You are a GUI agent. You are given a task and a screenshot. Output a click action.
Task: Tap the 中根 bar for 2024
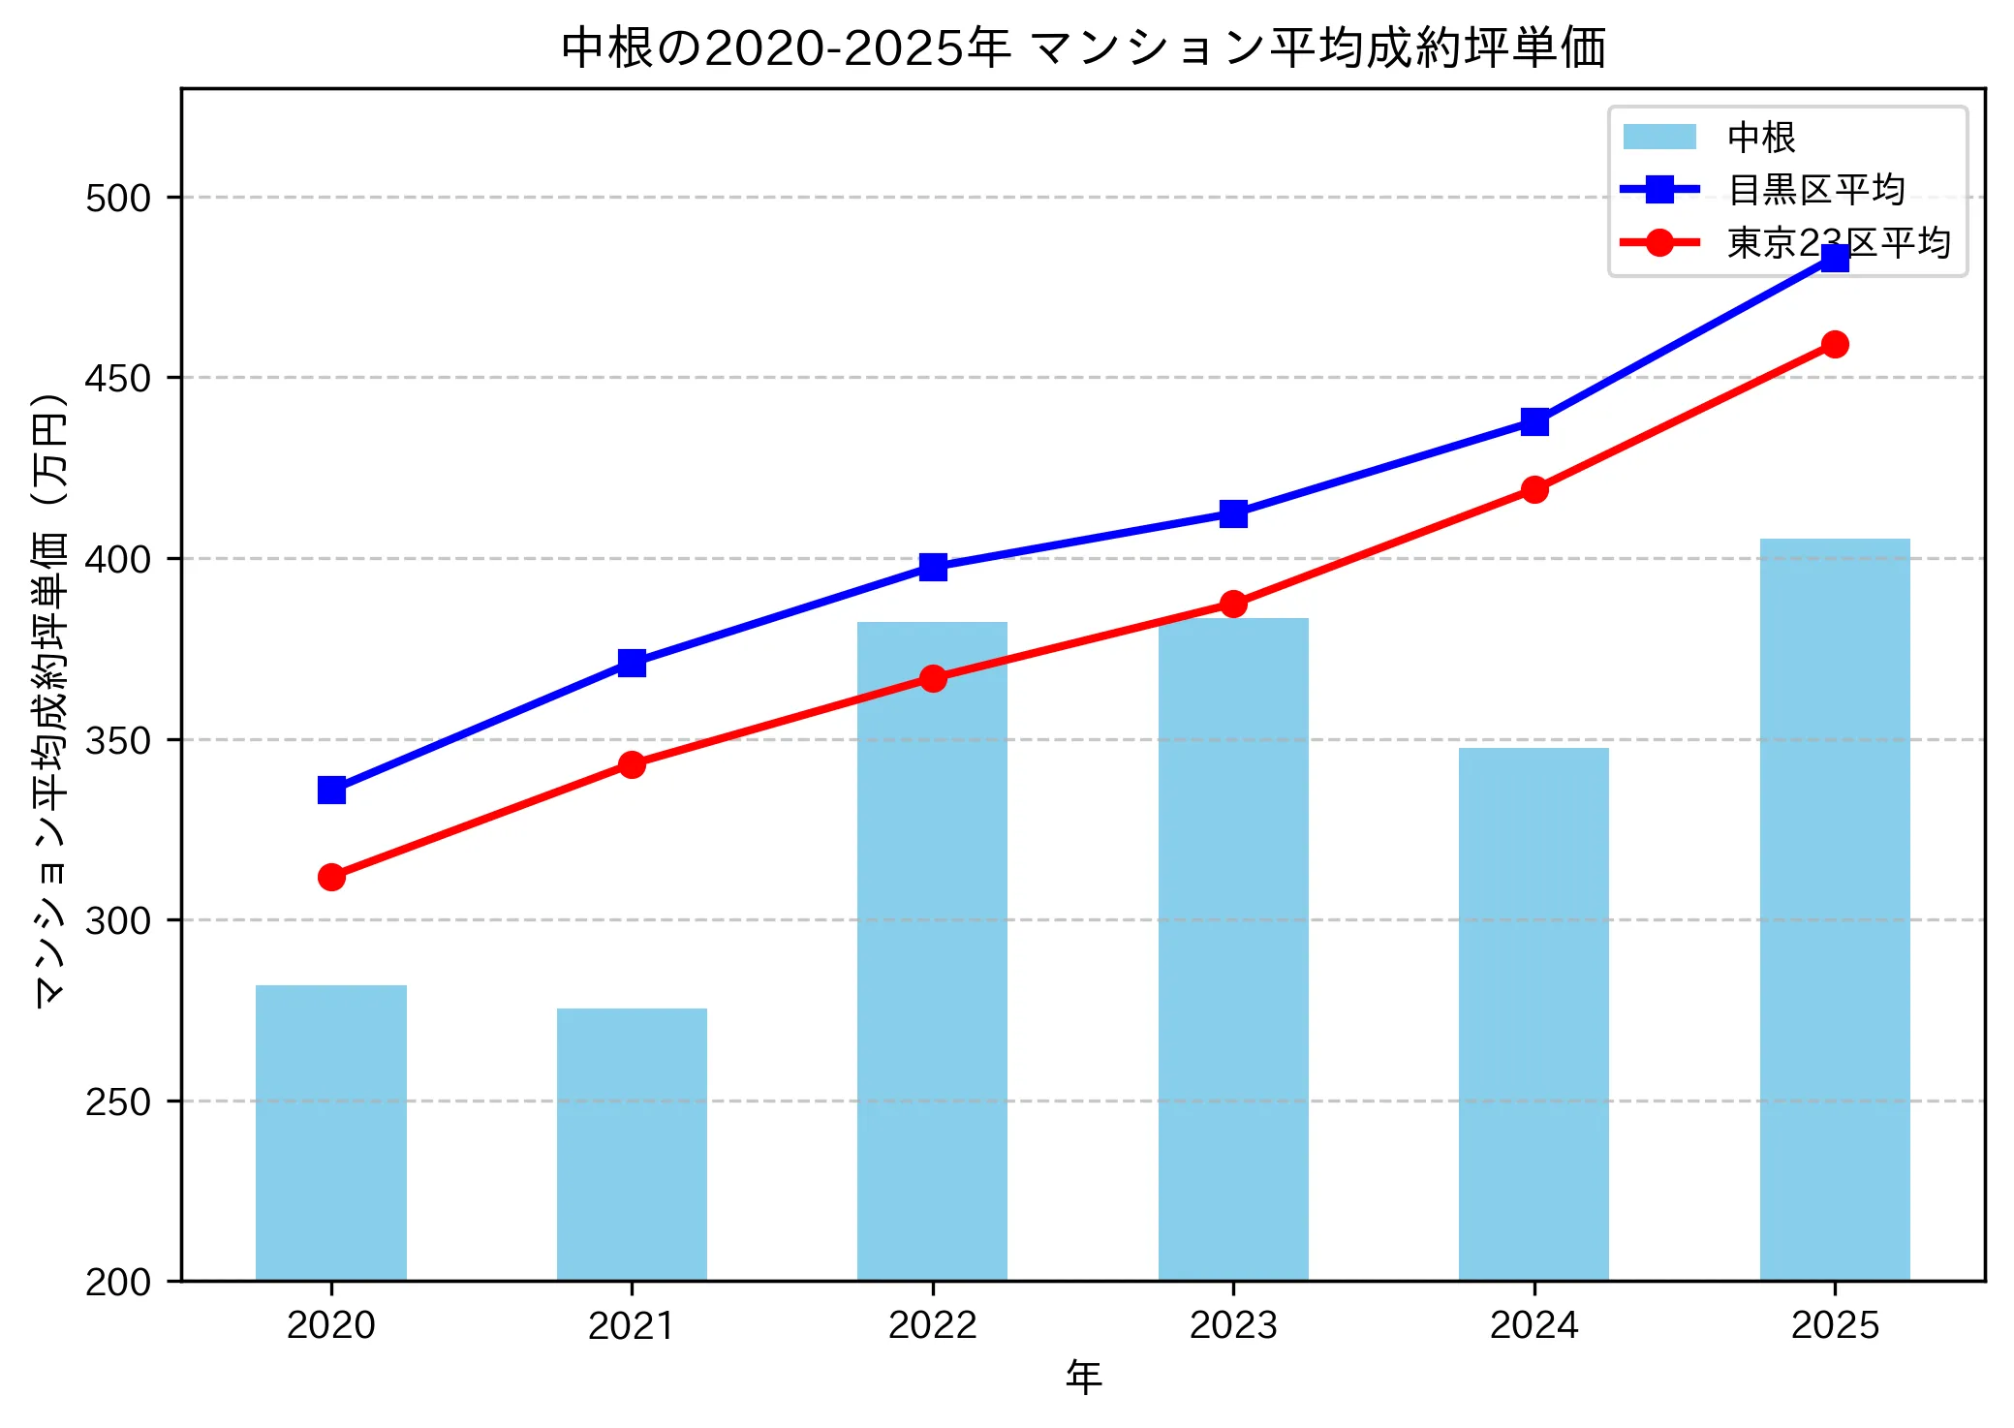[x=1534, y=1013]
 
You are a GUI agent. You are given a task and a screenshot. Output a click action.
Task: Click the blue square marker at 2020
[x=331, y=791]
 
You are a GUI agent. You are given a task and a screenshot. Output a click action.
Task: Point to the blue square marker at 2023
[x=1233, y=513]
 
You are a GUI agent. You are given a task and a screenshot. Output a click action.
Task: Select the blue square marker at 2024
[x=1534, y=421]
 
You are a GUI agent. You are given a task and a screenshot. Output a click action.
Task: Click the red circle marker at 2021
[x=632, y=764]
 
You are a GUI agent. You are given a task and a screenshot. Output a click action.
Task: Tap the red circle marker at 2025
[x=1835, y=344]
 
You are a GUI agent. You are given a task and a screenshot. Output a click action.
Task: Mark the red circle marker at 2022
[x=933, y=678]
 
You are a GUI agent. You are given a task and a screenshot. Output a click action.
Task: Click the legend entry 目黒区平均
[x=1816, y=190]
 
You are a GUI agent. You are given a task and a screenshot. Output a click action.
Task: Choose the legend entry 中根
[x=1761, y=138]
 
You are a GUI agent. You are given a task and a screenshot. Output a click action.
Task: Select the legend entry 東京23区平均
[x=1838, y=242]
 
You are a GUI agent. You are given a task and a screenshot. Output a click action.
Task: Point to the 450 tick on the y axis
[x=118, y=378]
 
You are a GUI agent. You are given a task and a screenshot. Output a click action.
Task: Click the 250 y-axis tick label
[x=118, y=1102]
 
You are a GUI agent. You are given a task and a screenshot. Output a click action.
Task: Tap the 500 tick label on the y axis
[x=118, y=198]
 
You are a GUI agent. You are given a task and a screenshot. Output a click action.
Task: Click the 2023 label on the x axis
[x=1233, y=1324]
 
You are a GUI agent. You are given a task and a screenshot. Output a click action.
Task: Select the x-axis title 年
[x=1083, y=1378]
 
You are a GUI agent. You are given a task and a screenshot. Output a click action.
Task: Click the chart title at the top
[x=1083, y=47]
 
